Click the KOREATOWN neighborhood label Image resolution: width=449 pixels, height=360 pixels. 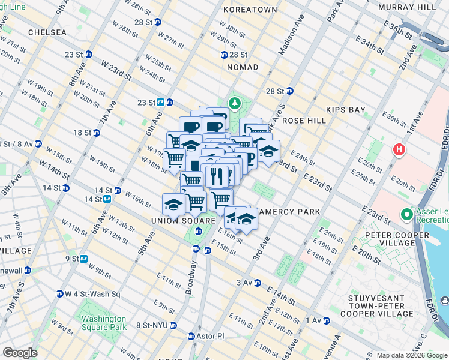tap(250, 10)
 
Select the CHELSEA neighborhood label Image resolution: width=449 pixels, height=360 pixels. tap(47, 32)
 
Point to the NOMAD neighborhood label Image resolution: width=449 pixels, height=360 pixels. tap(243, 67)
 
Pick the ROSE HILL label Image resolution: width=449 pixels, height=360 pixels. tap(304, 121)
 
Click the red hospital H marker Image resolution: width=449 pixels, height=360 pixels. tap(398, 150)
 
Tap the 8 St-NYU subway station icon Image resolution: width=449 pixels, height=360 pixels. tap(173, 325)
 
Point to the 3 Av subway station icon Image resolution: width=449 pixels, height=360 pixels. tap(258, 283)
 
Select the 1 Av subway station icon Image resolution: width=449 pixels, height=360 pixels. tap(326, 320)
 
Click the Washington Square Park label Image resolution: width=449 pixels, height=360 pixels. tap(104, 323)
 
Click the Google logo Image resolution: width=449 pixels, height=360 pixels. tap(20, 353)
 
